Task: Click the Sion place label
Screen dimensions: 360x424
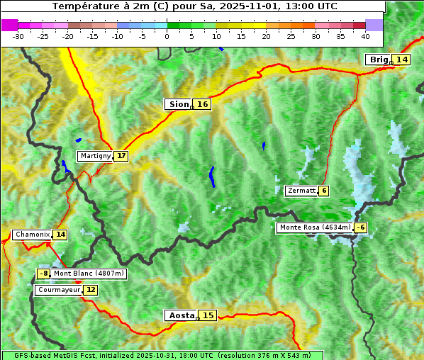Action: pyautogui.click(x=177, y=104)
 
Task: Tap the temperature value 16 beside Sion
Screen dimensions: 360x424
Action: pyautogui.click(x=203, y=104)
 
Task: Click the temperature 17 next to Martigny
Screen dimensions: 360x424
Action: pyautogui.click(x=121, y=156)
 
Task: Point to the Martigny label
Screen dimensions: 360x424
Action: pyautogui.click(x=95, y=156)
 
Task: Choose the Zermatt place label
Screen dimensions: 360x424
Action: pyautogui.click(x=301, y=191)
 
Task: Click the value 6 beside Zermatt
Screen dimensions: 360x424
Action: pyautogui.click(x=324, y=191)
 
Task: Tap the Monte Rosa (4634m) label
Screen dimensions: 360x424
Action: pyautogui.click(x=315, y=227)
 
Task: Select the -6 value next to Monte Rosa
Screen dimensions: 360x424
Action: pyautogui.click(x=360, y=227)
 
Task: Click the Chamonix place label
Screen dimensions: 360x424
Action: pyautogui.click(x=32, y=235)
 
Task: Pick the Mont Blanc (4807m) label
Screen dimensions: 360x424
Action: pyautogui.click(x=89, y=274)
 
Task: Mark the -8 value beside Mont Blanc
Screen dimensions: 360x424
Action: pyautogui.click(x=44, y=274)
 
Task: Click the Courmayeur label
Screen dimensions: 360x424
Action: pyautogui.click(x=58, y=290)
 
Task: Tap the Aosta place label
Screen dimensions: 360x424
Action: pyautogui.click(x=180, y=315)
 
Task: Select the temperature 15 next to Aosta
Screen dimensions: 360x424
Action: pyautogui.click(x=207, y=315)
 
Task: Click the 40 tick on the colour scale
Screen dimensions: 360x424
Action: pyautogui.click(x=365, y=36)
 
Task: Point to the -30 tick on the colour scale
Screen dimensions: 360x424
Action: pyautogui.click(x=18, y=36)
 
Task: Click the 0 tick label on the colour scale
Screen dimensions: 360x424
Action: pyautogui.click(x=167, y=36)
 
